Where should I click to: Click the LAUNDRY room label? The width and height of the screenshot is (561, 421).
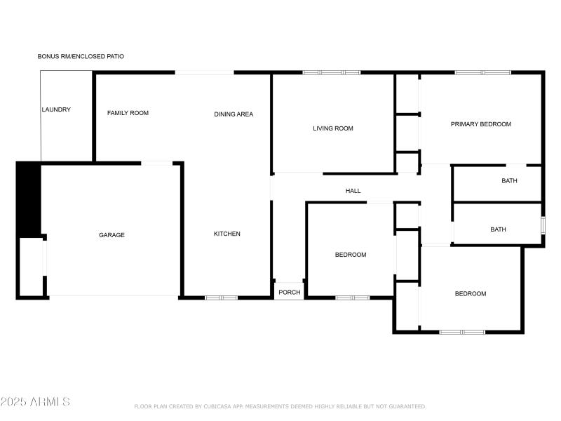click(56, 109)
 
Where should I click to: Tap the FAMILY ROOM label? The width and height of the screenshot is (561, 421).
click(128, 113)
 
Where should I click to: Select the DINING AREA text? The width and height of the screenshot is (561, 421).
click(234, 114)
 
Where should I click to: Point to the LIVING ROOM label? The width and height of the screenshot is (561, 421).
click(332, 128)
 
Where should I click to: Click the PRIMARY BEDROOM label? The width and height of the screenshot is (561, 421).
click(481, 124)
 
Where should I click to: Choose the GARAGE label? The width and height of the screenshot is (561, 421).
click(111, 235)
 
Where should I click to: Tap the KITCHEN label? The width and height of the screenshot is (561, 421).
click(227, 234)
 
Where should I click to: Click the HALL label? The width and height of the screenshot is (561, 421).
click(353, 191)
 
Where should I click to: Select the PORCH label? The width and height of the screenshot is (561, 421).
click(290, 293)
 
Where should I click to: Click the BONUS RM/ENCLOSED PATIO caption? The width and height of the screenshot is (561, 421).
click(81, 56)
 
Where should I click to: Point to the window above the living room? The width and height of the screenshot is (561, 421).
click(332, 73)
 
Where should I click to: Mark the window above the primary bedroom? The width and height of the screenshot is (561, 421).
click(483, 73)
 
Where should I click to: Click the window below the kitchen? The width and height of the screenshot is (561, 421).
click(221, 298)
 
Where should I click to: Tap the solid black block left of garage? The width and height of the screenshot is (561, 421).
click(29, 199)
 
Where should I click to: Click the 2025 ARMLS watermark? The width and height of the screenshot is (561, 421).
click(35, 401)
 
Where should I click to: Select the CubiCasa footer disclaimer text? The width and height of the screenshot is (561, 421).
click(280, 406)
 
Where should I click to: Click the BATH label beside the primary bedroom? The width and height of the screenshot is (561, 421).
click(509, 181)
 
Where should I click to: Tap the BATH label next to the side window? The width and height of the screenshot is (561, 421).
click(498, 229)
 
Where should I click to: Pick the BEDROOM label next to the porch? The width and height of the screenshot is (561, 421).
click(351, 255)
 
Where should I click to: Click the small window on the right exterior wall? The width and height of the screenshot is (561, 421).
click(543, 225)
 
